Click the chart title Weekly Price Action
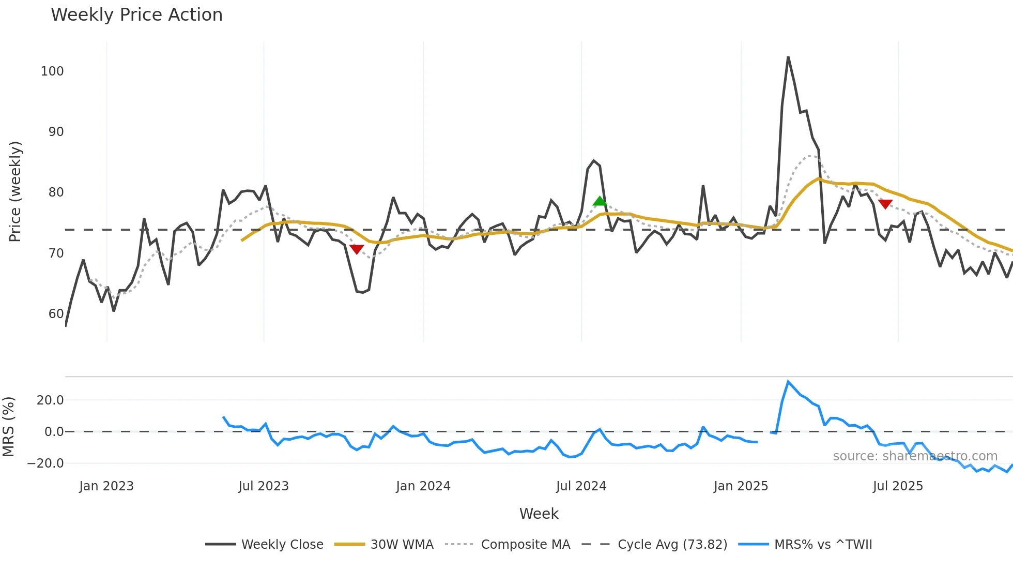[x=136, y=15]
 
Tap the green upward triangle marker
[x=600, y=201]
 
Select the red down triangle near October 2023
[x=357, y=249]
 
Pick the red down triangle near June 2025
[x=885, y=204]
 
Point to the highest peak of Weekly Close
[x=788, y=57]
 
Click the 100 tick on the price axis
[x=52, y=71]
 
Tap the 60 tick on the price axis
[x=56, y=314]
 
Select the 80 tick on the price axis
[x=56, y=192]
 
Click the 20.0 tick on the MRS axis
[x=50, y=400]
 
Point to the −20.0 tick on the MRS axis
[x=46, y=463]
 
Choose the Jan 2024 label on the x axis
[x=423, y=486]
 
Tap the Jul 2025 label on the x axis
[x=898, y=486]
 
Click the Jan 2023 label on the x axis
[x=106, y=486]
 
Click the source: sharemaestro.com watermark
[x=915, y=456]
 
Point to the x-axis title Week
[x=539, y=514]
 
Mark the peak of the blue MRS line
[x=788, y=382]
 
